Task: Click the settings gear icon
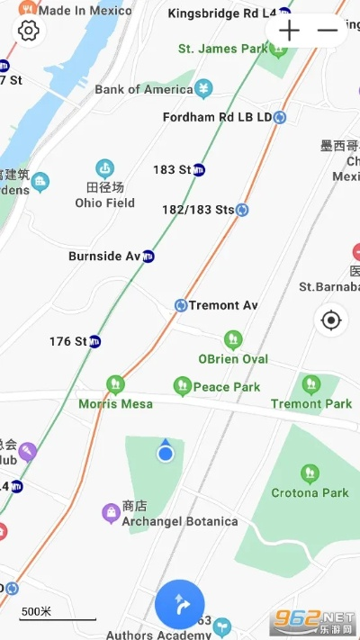point(29,31)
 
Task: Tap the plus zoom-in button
point(289,30)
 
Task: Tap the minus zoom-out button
point(328,30)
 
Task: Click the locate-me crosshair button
point(331,320)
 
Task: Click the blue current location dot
point(165,454)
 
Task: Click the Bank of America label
point(144,89)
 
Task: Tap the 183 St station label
point(172,169)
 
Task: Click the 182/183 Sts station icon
point(242,210)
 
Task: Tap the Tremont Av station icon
point(181,305)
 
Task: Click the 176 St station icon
point(94,341)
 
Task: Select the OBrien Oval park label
point(233,358)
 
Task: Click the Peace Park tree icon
point(182,386)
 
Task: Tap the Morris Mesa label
point(115,403)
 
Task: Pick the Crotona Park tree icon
point(310,473)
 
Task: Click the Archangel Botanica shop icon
point(110,512)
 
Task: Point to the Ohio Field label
point(104,203)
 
